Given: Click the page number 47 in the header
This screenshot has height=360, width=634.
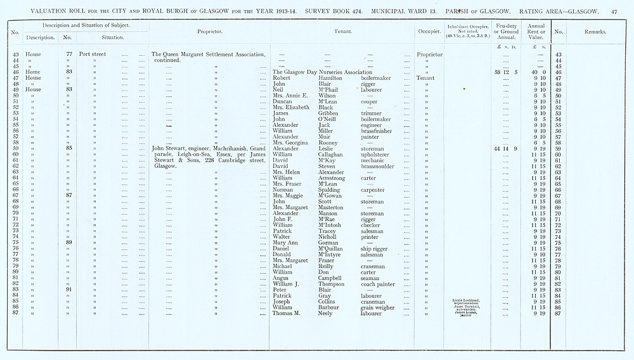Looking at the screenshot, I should coord(614,11).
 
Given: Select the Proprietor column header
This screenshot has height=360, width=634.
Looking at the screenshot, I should coord(209,31).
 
